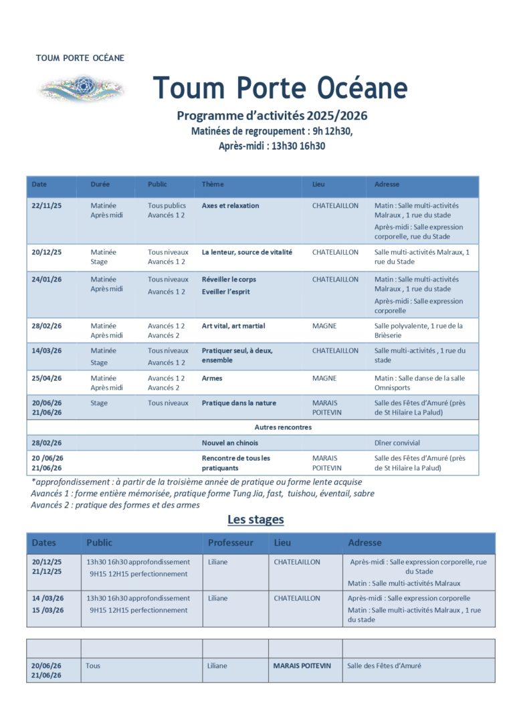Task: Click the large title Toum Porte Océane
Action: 280,88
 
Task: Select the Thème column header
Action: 213,185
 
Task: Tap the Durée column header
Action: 100,185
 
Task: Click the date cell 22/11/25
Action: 46,206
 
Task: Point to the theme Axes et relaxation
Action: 230,206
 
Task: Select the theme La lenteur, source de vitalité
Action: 247,253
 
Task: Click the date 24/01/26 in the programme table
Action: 46,280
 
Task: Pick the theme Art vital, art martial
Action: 233,326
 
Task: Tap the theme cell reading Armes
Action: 212,379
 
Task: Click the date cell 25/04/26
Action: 46,379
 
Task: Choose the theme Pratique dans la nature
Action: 239,403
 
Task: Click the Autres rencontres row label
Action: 283,427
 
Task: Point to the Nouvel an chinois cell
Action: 229,443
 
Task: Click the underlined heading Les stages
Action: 255,520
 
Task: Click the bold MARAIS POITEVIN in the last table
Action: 302,666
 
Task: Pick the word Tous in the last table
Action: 93,666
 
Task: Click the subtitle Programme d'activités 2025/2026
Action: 272,116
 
